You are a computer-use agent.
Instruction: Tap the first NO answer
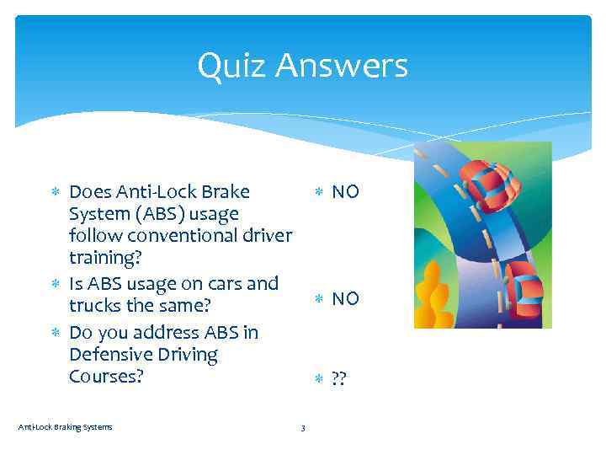click(345, 192)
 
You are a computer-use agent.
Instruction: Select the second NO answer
click(345, 298)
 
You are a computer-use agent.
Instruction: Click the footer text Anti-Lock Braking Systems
click(65, 427)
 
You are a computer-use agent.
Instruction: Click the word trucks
click(96, 304)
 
